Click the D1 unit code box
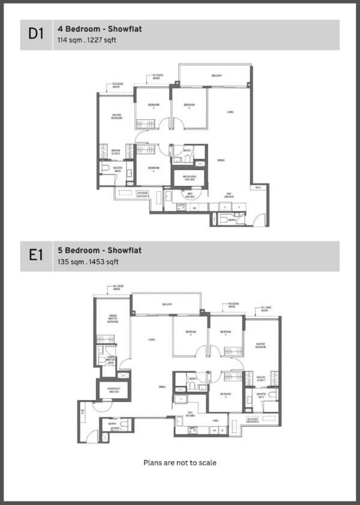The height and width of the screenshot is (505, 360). pyautogui.click(x=36, y=35)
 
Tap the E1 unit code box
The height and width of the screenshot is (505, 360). pyautogui.click(x=36, y=256)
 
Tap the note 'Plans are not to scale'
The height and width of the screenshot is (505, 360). pyautogui.click(x=179, y=462)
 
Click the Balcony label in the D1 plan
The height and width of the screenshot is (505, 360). pyautogui.click(x=215, y=76)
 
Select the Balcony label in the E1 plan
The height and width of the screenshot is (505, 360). pyautogui.click(x=167, y=304)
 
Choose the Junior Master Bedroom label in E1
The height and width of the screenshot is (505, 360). pyautogui.click(x=112, y=320)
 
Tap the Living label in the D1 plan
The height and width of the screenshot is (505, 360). pyautogui.click(x=230, y=112)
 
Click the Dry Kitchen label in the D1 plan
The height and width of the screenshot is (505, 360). pyautogui.click(x=229, y=194)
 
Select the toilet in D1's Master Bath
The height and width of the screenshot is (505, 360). pyautogui.click(x=105, y=169)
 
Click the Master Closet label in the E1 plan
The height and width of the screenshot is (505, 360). pyautogui.click(x=260, y=379)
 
